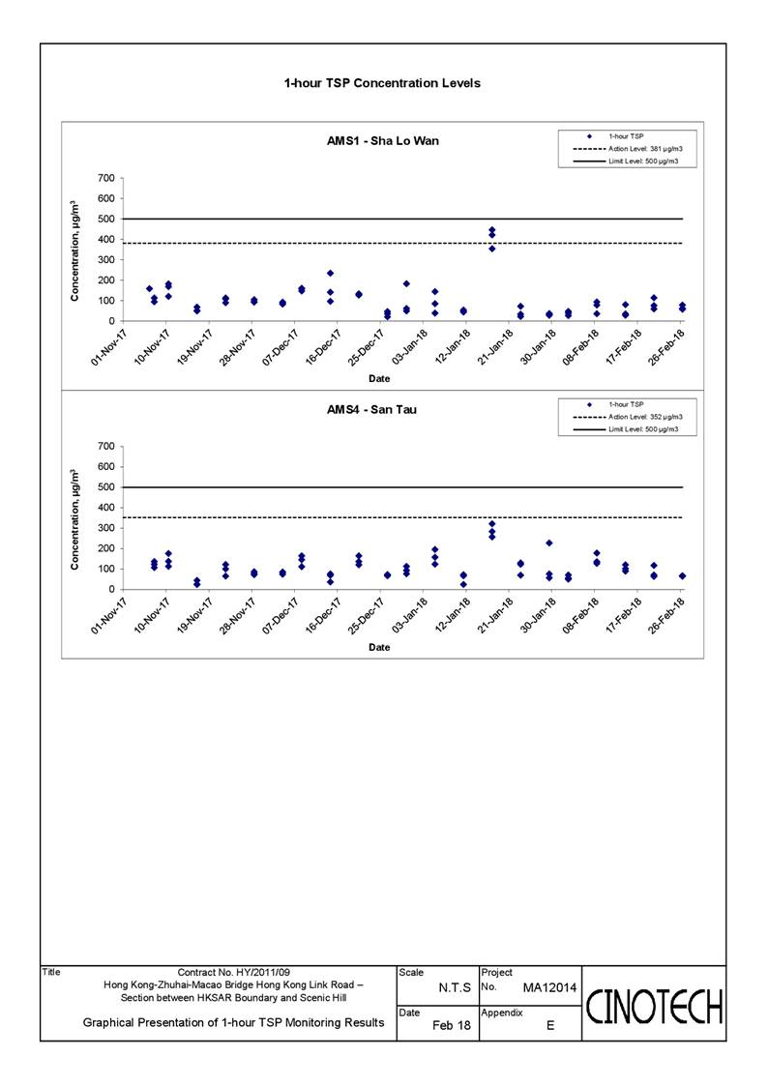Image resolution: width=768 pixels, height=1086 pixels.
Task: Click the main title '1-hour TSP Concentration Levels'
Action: [x=382, y=83]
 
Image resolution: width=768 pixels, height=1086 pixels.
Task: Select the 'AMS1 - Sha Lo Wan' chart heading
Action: [x=383, y=140]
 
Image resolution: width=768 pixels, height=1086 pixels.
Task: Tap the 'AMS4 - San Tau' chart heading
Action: [x=371, y=409]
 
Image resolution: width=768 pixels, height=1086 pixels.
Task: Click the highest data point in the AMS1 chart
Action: [x=491, y=230]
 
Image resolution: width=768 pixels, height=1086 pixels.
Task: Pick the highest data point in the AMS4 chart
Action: [x=491, y=523]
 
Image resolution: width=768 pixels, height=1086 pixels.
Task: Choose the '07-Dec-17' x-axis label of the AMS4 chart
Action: [x=281, y=616]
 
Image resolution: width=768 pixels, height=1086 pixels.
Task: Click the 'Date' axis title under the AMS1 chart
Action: [x=379, y=379]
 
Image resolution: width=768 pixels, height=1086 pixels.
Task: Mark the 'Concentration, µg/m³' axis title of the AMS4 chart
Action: [x=74, y=520]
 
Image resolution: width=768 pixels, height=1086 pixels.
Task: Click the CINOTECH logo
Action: [x=655, y=1007]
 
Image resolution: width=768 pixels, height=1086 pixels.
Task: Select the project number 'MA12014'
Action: [x=549, y=987]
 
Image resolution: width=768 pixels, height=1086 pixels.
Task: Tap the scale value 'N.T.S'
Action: [x=455, y=987]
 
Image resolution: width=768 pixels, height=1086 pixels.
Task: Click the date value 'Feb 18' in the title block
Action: [x=451, y=1025]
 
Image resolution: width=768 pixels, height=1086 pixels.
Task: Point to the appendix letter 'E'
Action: [x=550, y=1025]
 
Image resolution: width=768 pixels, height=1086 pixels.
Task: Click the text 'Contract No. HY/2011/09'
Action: [x=233, y=973]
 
